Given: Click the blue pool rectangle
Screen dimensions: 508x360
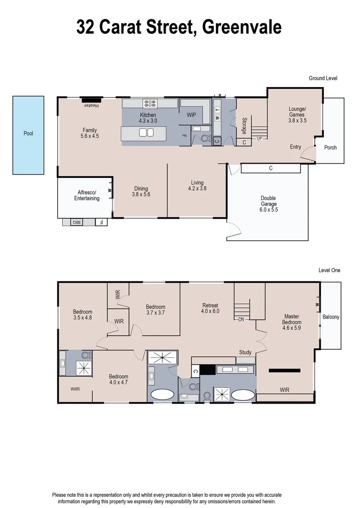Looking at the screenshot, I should pyautogui.click(x=28, y=135).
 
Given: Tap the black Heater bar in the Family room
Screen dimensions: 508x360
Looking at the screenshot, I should pyautogui.click(x=91, y=100).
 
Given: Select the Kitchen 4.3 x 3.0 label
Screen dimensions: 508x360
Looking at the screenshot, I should pyautogui.click(x=148, y=118).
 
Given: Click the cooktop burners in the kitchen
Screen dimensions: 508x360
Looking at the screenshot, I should pyautogui.click(x=150, y=104).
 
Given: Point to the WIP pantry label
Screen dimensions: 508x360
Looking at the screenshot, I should pyautogui.click(x=191, y=115).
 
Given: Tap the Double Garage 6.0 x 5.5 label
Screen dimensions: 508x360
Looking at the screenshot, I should pyautogui.click(x=268, y=201).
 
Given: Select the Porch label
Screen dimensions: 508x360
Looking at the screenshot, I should pyautogui.click(x=330, y=147).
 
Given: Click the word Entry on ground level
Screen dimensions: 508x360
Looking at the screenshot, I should pyautogui.click(x=295, y=147).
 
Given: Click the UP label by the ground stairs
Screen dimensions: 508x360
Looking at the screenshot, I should pyautogui.click(x=259, y=139).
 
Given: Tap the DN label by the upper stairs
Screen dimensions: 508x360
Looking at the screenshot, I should pyautogui.click(x=240, y=319).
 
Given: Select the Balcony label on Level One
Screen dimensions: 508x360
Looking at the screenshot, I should pyautogui.click(x=330, y=317).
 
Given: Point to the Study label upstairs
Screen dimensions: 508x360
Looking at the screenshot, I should pyautogui.click(x=245, y=352).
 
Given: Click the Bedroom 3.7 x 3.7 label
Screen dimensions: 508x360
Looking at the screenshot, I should pyautogui.click(x=155, y=310).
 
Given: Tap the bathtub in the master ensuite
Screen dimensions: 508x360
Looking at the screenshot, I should pyautogui.click(x=243, y=395).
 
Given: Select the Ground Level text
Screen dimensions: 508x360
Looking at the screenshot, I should pyautogui.click(x=323, y=78).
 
